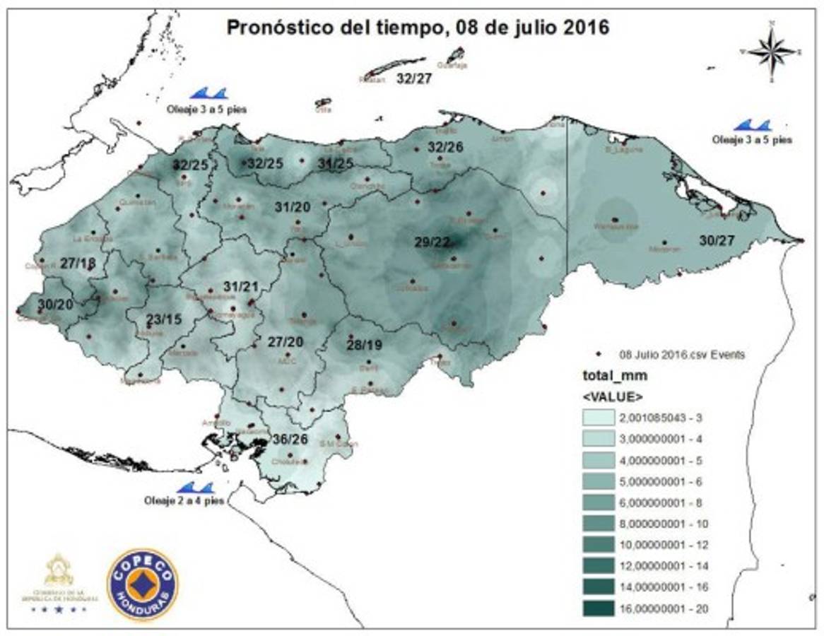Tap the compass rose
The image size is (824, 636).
point(772,52)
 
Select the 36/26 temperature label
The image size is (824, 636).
point(290,439)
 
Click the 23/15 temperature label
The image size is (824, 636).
point(164,319)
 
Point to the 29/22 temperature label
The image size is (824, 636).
point(432,242)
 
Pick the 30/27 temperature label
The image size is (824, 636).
point(717,240)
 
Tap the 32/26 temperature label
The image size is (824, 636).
point(445,147)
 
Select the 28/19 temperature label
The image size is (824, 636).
point(365,345)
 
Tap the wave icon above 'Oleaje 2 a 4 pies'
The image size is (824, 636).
point(195,488)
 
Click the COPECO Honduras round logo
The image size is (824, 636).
point(142,584)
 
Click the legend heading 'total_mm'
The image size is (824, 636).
point(605,376)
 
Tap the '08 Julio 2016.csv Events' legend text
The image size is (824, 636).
point(681,355)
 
